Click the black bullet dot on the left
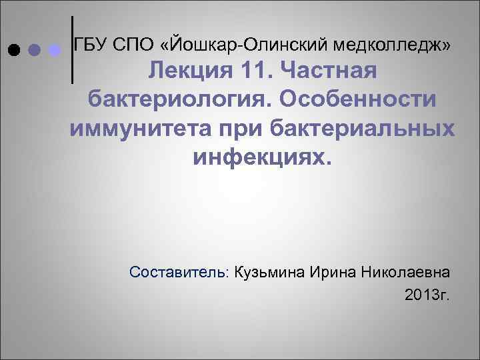13,50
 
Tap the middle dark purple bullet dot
34,50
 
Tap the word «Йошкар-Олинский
245,44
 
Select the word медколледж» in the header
394,44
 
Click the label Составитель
180,273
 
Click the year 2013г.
427,294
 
